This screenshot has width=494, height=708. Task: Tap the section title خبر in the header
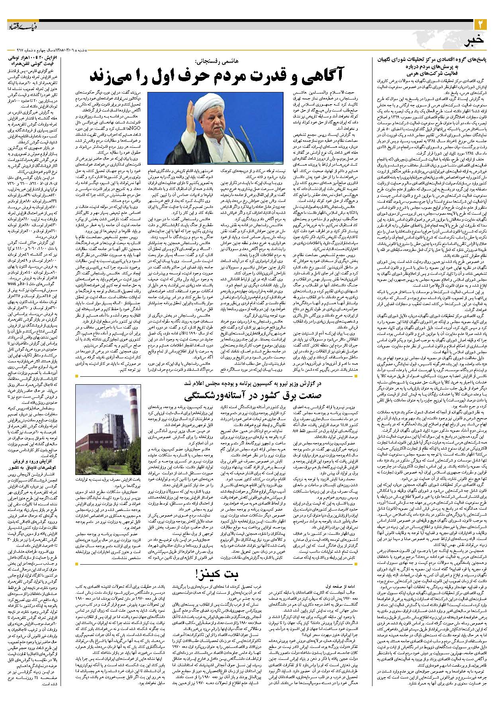point(476,40)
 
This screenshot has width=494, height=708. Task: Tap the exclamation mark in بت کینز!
point(197,574)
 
